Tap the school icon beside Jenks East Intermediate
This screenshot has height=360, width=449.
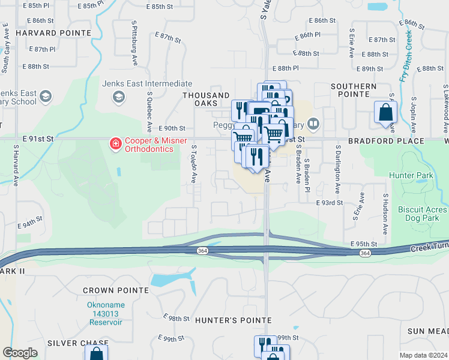pos(119,97)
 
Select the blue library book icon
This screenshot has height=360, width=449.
pos(313,124)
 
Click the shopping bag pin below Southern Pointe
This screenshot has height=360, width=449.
pos(385,113)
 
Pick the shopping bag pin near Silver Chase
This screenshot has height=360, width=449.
pos(96,353)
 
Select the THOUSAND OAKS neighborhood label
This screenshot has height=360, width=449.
pos(206,100)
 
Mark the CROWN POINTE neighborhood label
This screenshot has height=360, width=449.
pos(115,290)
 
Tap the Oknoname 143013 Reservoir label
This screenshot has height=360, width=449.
pos(104,313)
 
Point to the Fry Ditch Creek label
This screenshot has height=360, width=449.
pos(405,57)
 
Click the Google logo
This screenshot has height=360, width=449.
pos(20,353)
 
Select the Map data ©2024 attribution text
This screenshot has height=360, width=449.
pos(423,355)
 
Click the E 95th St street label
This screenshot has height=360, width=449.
pos(364,244)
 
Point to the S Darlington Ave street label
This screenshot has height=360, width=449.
pos(337,168)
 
